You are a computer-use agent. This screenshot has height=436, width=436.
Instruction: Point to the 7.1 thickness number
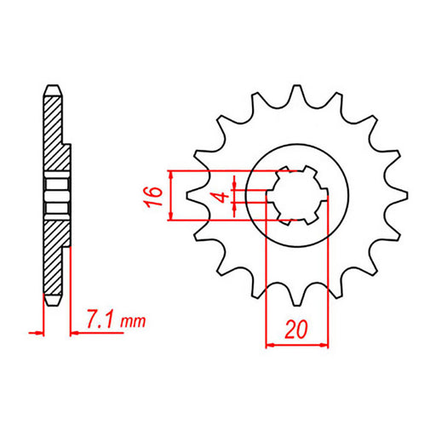(x=101, y=321)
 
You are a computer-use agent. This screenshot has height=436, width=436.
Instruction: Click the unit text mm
(x=133, y=323)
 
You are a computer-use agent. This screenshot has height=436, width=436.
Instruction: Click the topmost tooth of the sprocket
(x=296, y=92)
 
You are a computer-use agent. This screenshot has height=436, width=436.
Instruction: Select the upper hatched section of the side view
(x=54, y=128)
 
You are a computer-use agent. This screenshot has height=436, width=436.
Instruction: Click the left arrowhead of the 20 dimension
(x=272, y=345)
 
